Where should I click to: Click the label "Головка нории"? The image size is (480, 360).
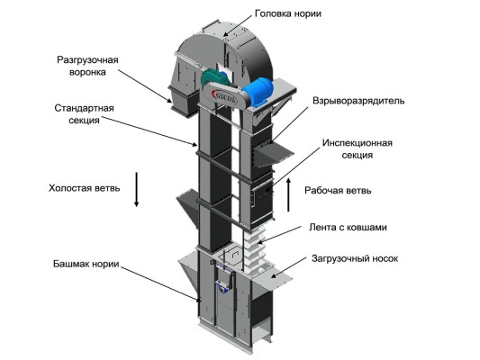click(x=288, y=14)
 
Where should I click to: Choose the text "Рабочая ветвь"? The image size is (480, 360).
click(x=338, y=191)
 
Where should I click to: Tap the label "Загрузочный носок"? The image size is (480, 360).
click(x=355, y=258)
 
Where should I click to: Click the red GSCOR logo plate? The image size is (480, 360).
click(x=222, y=94)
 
